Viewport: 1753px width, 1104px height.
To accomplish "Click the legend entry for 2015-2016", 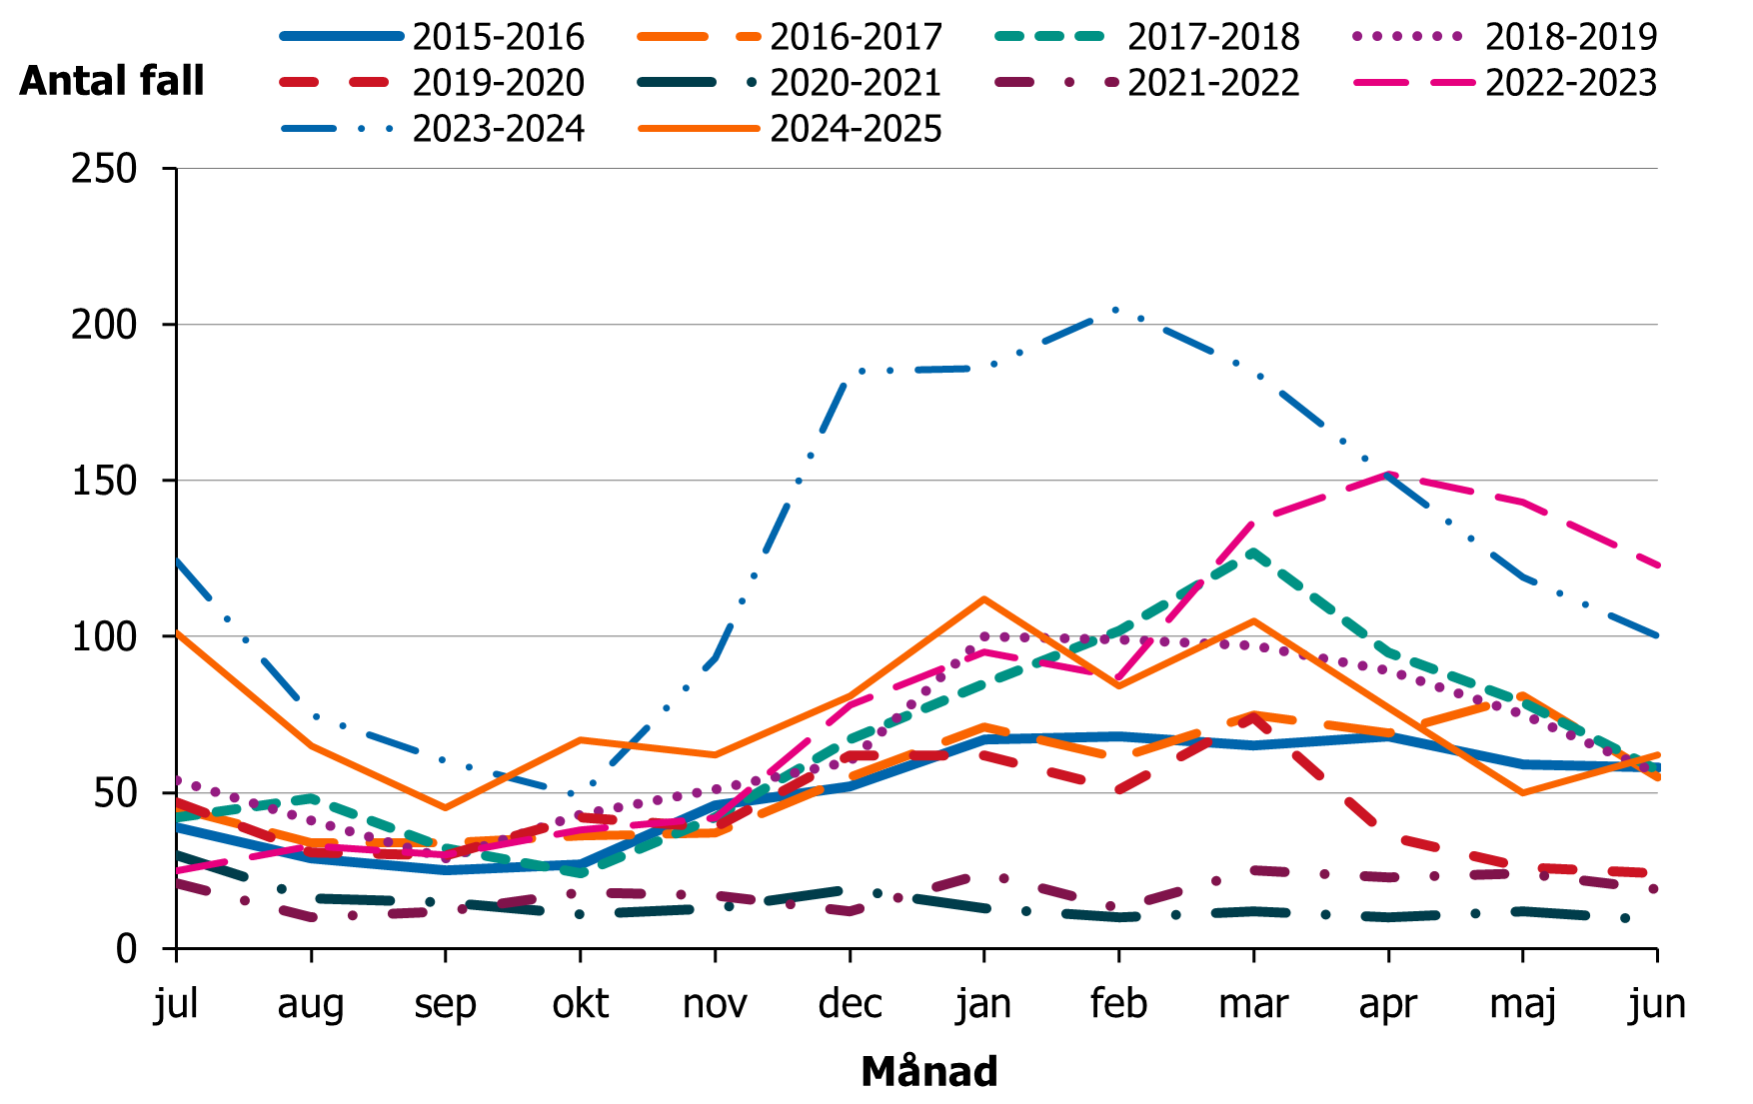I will [498, 37].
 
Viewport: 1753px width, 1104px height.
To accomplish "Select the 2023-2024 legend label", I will [498, 129].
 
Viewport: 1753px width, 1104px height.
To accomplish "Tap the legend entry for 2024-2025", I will [856, 129].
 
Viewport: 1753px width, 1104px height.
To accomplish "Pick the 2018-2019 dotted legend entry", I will [1570, 37].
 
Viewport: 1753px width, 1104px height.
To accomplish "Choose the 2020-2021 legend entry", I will [856, 83].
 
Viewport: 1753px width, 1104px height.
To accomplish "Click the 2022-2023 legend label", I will [1570, 83].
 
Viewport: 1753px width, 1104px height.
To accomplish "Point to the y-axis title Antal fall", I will [112, 81].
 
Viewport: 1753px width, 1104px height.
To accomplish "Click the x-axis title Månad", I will [928, 1071].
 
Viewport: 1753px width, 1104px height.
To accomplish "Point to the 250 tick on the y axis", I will [104, 169].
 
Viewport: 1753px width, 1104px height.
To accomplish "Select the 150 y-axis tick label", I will [104, 481].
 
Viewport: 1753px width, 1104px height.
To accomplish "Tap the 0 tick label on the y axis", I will [126, 948].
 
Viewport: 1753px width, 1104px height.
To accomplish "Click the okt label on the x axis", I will [581, 1003].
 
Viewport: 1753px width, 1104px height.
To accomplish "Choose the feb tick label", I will [1118, 1003].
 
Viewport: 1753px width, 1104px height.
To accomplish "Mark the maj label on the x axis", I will [1522, 1003].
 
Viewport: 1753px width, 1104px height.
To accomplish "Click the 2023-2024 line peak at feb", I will [1116, 310].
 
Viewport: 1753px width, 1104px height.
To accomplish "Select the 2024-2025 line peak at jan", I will [984, 598].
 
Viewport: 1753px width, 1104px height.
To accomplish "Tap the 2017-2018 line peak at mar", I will [1252, 551].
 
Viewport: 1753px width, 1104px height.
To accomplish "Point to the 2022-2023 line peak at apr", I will [1388, 474].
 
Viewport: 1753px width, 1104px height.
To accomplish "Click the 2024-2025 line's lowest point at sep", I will [446, 807].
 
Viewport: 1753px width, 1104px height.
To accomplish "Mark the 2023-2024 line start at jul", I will [178, 560].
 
